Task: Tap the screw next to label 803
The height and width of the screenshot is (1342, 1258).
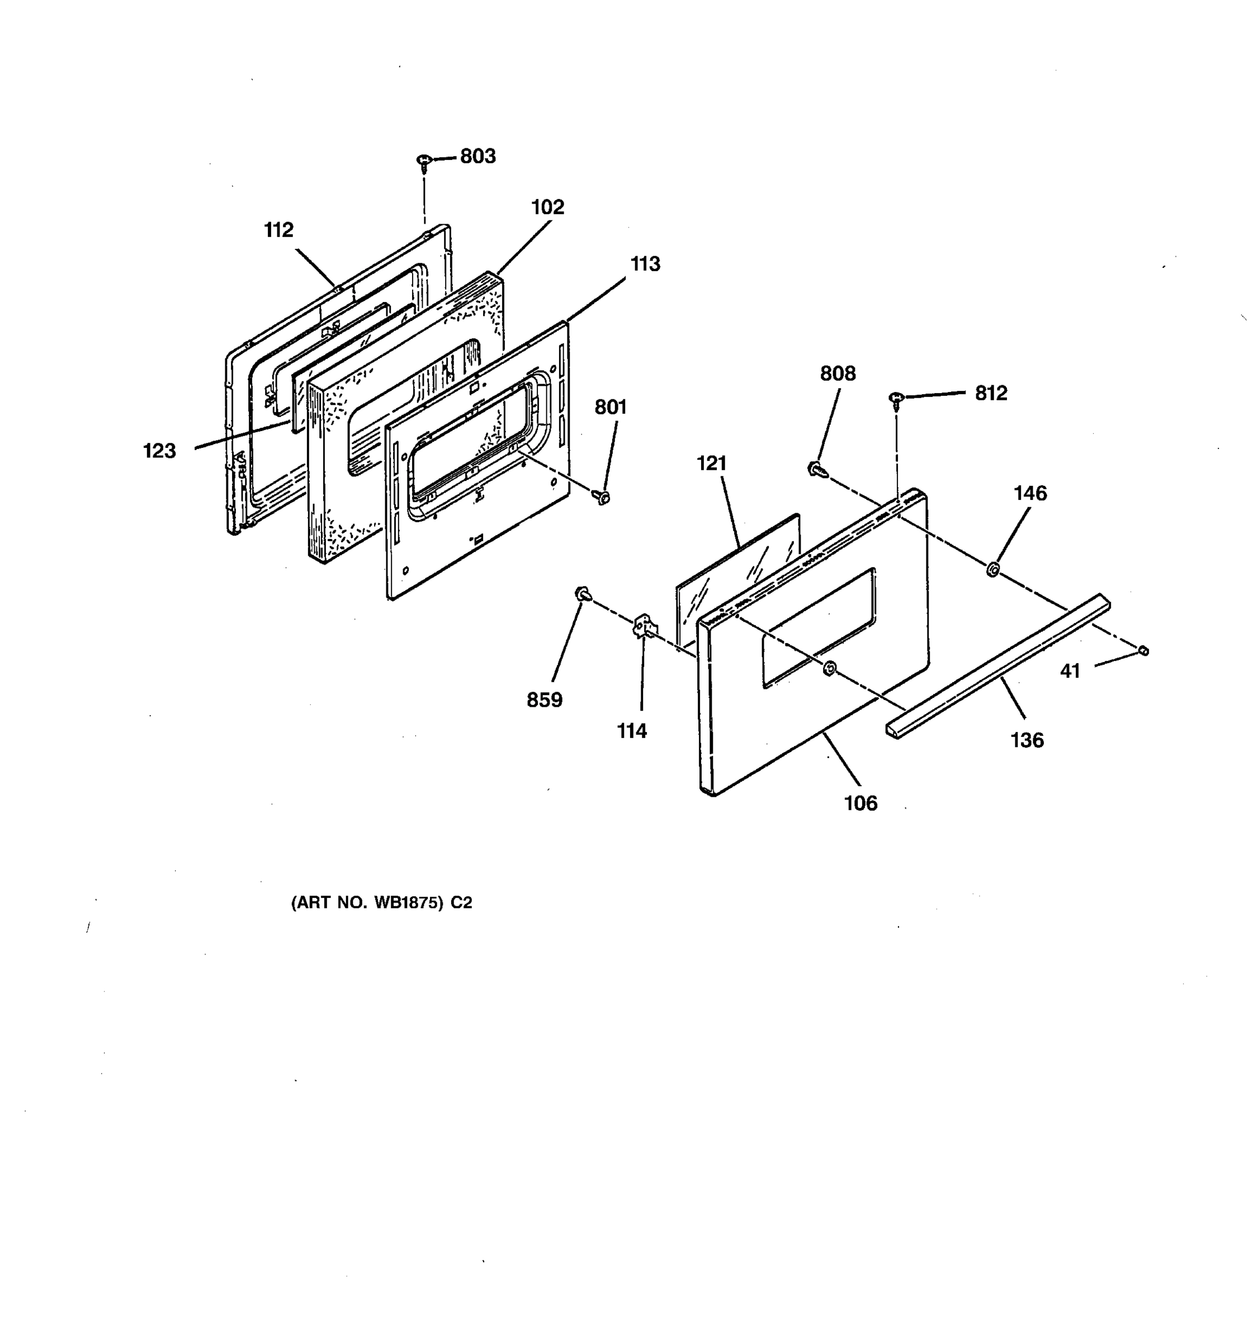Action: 424,162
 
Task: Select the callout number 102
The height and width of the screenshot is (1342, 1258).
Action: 547,207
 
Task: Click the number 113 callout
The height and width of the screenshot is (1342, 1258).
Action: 645,264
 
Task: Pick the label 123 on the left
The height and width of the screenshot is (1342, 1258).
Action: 159,451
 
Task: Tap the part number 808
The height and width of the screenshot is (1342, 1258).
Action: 838,374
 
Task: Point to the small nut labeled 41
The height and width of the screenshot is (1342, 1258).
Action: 1143,651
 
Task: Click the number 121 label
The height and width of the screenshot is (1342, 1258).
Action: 711,464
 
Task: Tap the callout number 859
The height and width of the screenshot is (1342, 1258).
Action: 544,700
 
